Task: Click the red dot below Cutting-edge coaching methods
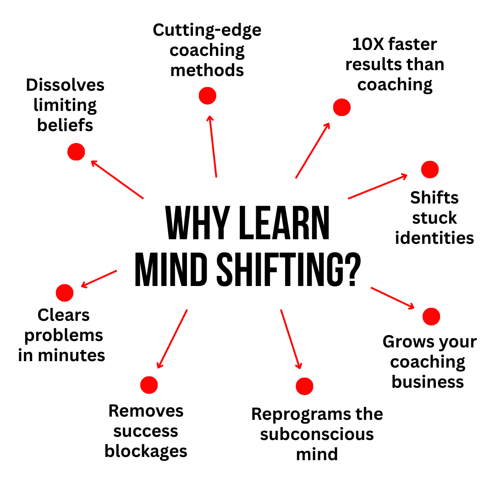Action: pos(208,96)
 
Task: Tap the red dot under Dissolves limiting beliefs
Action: pos(76,152)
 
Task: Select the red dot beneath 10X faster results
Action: pos(342,107)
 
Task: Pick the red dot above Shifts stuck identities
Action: pos(430,170)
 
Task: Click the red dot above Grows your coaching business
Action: pos(431,316)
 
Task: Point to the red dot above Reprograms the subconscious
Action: pos(305,386)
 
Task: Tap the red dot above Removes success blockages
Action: pos(149,385)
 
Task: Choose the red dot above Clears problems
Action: pos(65,292)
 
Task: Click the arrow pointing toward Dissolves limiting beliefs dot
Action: pos(117,180)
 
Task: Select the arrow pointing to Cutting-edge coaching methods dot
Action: pos(213,146)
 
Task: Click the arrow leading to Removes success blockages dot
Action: pos(172,339)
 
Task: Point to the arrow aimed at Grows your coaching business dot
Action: pos(393,298)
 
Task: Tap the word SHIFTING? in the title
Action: pos(289,269)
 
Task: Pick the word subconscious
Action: pos(317,434)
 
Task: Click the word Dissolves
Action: pos(65,85)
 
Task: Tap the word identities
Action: pos(434,238)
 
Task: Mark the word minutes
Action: pos(71,356)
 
